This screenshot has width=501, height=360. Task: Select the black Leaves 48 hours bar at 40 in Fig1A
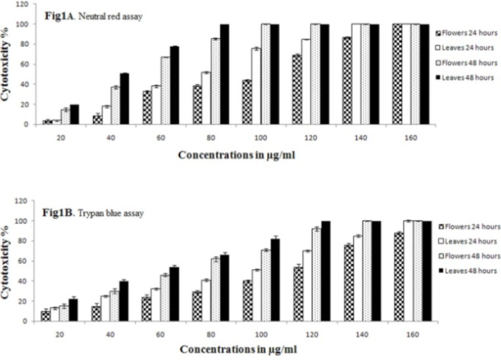click(x=124, y=99)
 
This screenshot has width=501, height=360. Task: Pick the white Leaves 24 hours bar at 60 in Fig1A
click(x=156, y=105)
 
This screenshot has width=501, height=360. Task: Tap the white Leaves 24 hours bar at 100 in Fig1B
click(x=256, y=295)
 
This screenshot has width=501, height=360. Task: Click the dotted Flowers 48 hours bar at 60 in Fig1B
click(x=165, y=298)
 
